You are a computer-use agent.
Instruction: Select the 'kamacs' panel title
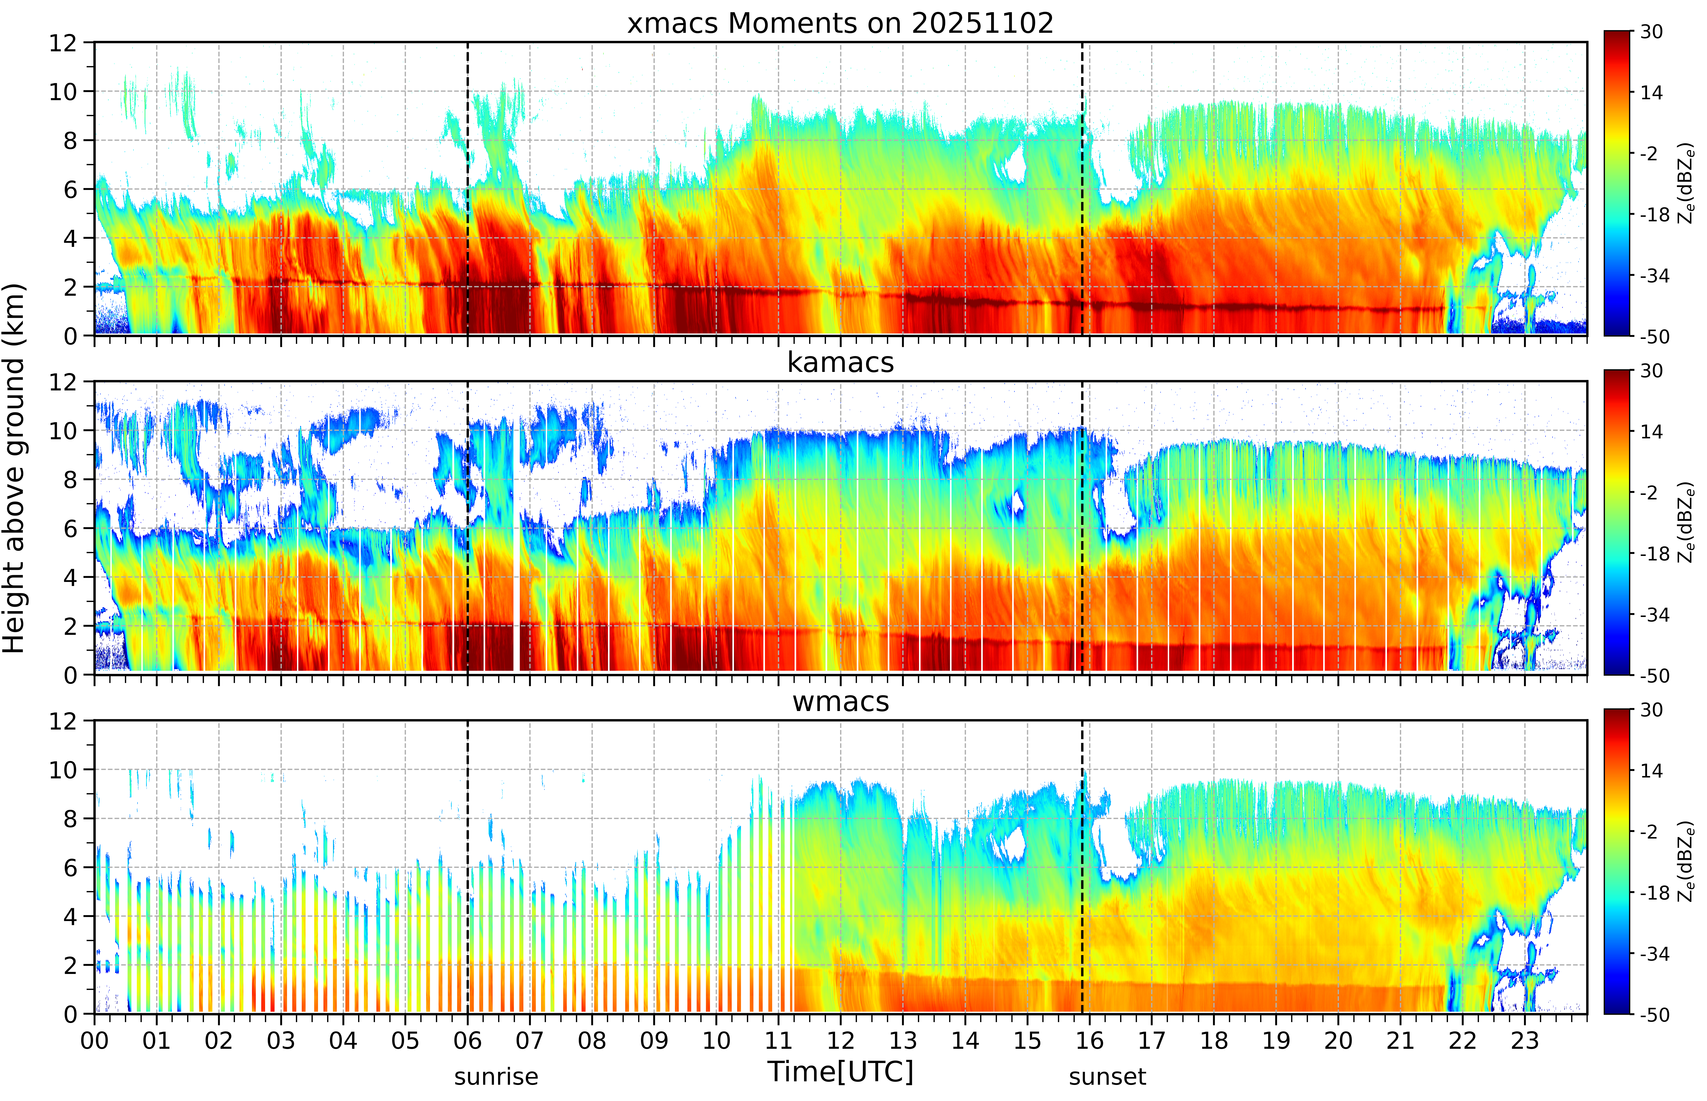coord(840,362)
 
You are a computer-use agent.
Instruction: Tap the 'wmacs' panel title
coord(840,701)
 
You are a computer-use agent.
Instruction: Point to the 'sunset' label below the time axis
coord(1107,1076)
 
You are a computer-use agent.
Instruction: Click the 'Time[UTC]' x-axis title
coord(840,1072)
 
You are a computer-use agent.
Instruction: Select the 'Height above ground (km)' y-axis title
coord(14,468)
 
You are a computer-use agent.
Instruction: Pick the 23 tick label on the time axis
coord(1525,1040)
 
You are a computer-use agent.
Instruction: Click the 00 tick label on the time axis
coord(94,1040)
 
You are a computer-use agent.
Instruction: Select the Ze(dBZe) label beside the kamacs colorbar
coord(1686,523)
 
